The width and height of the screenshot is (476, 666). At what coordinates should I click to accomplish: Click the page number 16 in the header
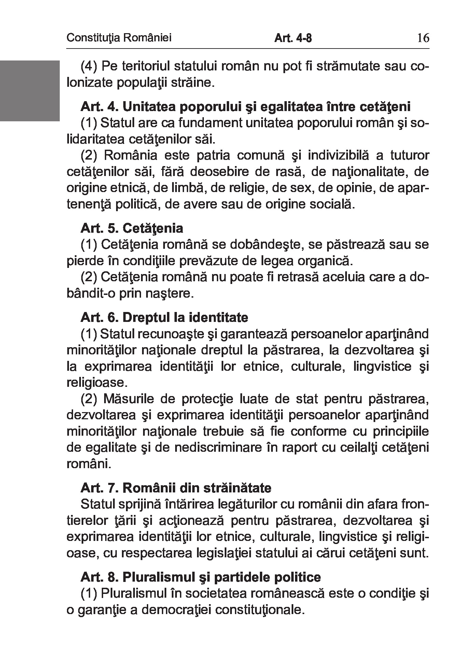(x=423, y=38)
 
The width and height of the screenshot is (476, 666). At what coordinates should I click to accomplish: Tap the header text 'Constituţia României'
(x=119, y=38)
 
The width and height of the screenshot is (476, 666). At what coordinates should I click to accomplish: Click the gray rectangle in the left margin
(x=30, y=91)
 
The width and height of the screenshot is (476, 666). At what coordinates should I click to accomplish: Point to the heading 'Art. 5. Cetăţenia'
(x=132, y=228)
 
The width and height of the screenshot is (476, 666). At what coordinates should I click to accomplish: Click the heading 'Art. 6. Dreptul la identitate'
(x=164, y=317)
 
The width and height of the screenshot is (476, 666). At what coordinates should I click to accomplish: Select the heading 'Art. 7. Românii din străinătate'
(x=176, y=488)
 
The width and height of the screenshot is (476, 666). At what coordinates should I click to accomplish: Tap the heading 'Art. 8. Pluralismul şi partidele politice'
(x=201, y=577)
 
